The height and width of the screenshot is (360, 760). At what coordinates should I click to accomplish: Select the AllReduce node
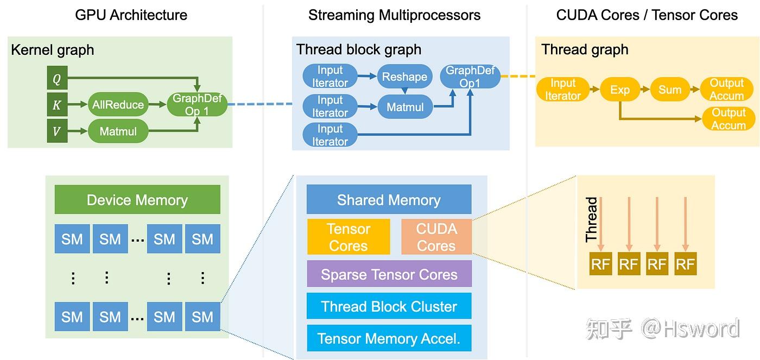(118, 105)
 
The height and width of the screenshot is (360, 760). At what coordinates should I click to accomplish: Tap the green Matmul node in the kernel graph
(118, 131)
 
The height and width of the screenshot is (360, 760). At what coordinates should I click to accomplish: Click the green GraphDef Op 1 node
(197, 104)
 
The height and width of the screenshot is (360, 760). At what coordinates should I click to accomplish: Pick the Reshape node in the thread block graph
(404, 77)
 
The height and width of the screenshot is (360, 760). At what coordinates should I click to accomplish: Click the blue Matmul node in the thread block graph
(405, 107)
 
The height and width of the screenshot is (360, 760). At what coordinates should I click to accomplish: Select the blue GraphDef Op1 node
(470, 77)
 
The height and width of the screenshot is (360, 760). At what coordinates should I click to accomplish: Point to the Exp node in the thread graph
(619, 90)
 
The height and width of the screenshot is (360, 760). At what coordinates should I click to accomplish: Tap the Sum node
(670, 90)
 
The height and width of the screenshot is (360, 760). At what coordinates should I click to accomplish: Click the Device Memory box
(137, 200)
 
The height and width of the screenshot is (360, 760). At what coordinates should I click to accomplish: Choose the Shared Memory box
(389, 200)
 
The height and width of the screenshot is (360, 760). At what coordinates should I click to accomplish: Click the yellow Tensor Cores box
(349, 237)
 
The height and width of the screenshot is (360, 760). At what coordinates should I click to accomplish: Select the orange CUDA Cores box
(436, 237)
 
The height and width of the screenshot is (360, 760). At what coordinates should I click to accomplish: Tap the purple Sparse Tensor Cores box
(389, 274)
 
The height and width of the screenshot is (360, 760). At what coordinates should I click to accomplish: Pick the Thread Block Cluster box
(389, 306)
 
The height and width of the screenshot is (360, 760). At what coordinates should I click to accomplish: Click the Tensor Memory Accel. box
(389, 338)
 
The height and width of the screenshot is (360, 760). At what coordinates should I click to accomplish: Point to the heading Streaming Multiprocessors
(394, 15)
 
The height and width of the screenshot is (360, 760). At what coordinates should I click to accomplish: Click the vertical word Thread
(591, 219)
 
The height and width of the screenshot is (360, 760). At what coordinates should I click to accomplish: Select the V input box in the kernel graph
(57, 131)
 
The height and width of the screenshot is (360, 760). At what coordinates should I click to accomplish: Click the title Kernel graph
(53, 50)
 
